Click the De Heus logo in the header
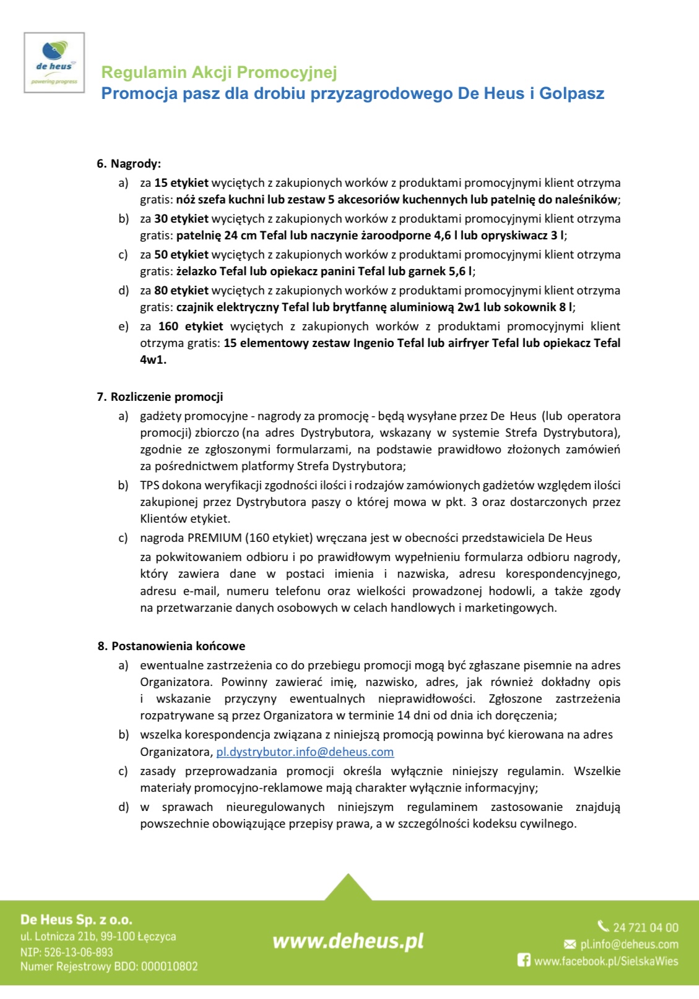(x=54, y=62)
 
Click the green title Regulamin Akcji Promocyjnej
(x=219, y=72)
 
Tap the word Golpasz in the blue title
(x=571, y=93)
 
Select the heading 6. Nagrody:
(x=129, y=164)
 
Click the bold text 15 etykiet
(x=181, y=183)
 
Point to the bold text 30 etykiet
(x=181, y=219)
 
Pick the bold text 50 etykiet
(x=181, y=255)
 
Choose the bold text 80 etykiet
(x=181, y=291)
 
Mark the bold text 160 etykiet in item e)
(x=191, y=327)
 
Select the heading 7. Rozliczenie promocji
(x=160, y=397)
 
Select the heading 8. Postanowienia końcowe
(x=171, y=646)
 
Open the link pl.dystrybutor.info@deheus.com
(x=305, y=752)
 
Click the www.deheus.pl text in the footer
(x=348, y=941)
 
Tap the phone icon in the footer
(x=603, y=926)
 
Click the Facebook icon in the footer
(x=524, y=961)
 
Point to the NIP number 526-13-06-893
(x=79, y=953)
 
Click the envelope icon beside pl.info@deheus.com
(x=570, y=945)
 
